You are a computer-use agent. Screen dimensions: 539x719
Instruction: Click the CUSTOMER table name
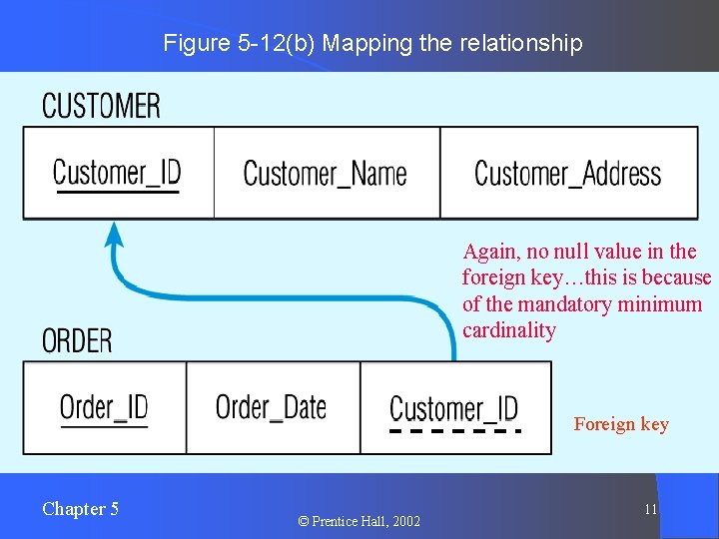coord(101,106)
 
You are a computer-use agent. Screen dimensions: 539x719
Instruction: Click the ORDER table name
coord(77,340)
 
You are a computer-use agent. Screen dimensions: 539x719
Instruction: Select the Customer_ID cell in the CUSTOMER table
coord(117,173)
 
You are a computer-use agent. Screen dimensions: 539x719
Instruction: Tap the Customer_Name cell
coord(326,174)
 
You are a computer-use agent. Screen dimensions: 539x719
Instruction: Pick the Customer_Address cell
coord(567,174)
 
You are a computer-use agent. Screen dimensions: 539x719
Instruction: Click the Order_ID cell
coord(104,407)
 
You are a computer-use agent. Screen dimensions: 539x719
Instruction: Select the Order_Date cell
coord(272,407)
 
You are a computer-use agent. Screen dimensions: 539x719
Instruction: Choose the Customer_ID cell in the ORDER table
coord(453,408)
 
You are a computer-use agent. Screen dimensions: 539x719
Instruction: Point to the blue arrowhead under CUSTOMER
coord(115,235)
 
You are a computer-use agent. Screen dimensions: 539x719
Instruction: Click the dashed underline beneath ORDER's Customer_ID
coord(454,431)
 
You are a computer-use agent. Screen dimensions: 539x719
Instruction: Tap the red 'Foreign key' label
coord(621,424)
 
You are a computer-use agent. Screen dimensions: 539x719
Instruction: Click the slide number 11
coord(650,510)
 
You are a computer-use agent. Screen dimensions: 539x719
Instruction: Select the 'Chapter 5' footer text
coord(80,509)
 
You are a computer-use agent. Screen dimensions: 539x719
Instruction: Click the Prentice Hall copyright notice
coord(359,521)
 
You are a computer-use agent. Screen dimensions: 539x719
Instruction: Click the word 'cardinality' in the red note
coord(508,330)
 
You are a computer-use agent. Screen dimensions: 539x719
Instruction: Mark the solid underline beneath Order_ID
coord(104,427)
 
